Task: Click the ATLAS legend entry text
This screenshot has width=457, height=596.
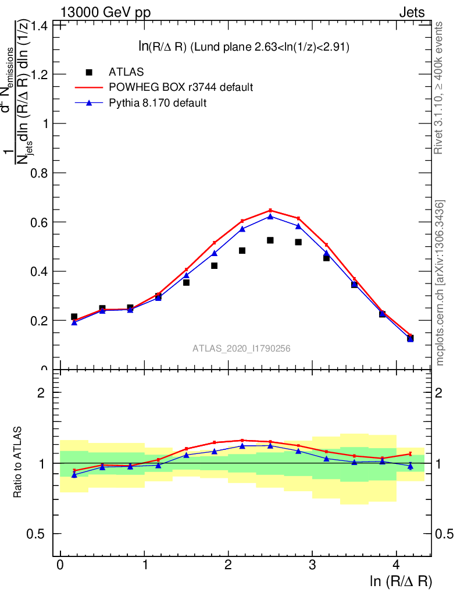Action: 126,72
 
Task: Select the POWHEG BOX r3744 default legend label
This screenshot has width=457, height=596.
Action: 181,87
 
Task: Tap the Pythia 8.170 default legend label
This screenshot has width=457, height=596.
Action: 158,103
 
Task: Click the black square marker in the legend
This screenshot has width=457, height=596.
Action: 89,72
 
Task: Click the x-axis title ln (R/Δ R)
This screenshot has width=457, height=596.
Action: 401,581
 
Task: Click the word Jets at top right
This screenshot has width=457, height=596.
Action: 412,12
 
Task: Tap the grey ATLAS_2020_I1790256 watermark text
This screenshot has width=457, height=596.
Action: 242,349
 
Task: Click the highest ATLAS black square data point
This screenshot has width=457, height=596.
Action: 270,240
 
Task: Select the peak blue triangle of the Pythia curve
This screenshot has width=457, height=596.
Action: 270,217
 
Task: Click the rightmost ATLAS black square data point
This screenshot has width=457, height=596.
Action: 410,338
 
